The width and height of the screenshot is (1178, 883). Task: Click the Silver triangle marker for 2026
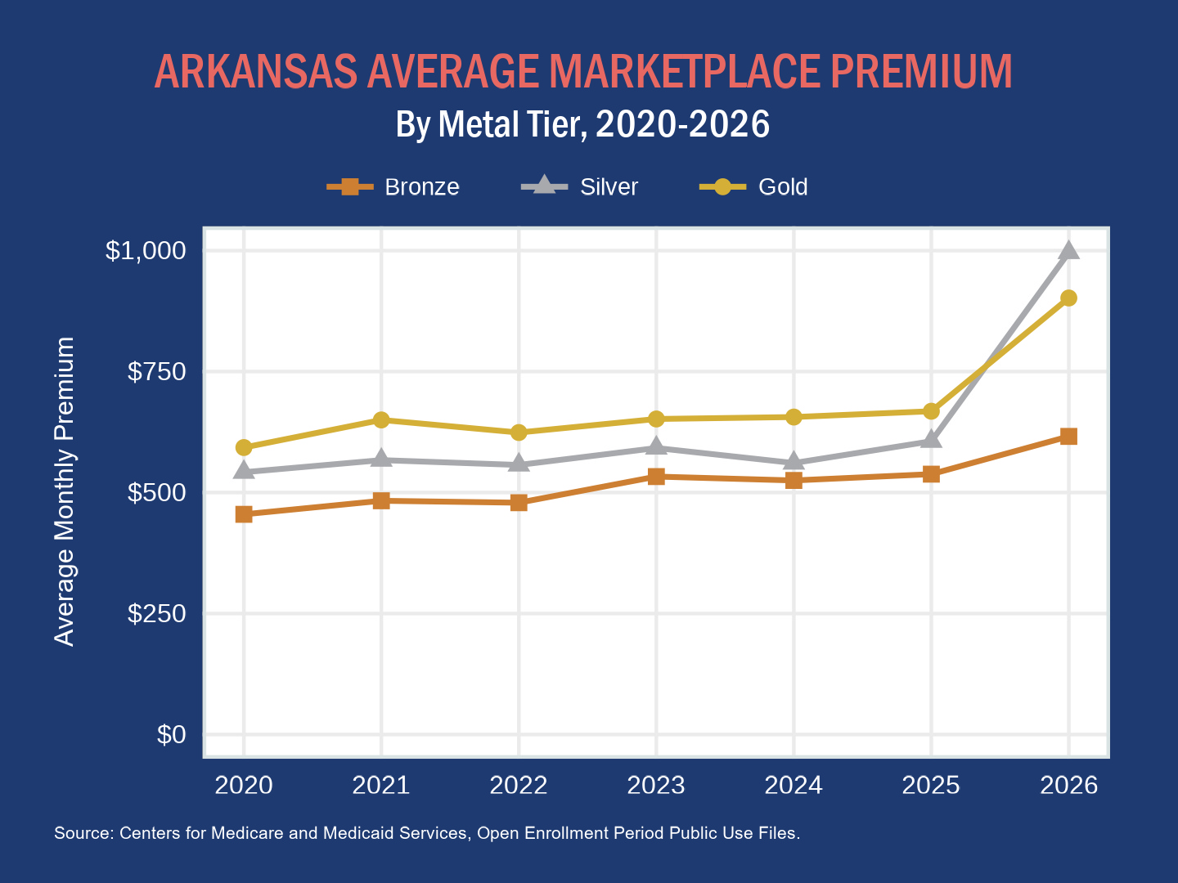click(1068, 251)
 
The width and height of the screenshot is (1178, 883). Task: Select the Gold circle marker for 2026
click(1068, 298)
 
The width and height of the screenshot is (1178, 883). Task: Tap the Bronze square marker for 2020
click(244, 514)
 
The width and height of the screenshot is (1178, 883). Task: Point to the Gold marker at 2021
click(381, 420)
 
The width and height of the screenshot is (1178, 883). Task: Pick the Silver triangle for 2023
click(656, 446)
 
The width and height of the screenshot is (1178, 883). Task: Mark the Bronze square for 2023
click(656, 477)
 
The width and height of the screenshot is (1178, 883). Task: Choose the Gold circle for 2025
click(931, 411)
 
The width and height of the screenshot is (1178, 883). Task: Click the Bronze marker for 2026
click(1068, 437)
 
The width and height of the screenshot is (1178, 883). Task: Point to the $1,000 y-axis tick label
click(146, 251)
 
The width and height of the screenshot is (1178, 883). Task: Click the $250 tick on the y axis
click(156, 614)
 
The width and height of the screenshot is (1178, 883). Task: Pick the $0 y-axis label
click(171, 735)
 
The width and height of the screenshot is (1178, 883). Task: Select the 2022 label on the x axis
click(519, 786)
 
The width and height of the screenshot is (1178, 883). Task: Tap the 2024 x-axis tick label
click(794, 786)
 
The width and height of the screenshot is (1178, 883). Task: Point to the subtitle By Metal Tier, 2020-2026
click(582, 124)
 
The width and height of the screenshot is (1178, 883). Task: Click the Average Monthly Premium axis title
click(65, 491)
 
